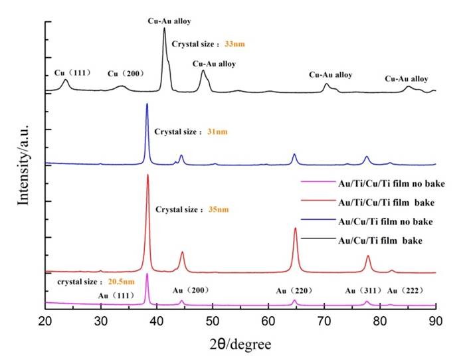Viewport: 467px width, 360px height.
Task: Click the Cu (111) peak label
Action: tap(72, 72)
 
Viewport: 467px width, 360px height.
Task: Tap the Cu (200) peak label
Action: tap(126, 74)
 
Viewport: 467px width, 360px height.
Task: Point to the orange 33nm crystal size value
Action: tap(235, 44)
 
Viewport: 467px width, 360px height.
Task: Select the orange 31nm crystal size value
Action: tap(217, 132)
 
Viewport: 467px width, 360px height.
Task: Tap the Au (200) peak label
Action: tap(191, 290)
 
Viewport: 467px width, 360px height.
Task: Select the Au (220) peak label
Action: tap(295, 290)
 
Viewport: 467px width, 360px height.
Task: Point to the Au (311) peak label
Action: tap(363, 290)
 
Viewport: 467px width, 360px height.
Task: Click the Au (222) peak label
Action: tap(405, 290)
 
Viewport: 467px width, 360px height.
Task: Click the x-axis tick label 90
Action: tap(435, 322)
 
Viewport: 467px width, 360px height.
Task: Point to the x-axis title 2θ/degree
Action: tap(240, 345)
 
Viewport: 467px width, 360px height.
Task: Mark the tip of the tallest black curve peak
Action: tap(164, 28)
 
